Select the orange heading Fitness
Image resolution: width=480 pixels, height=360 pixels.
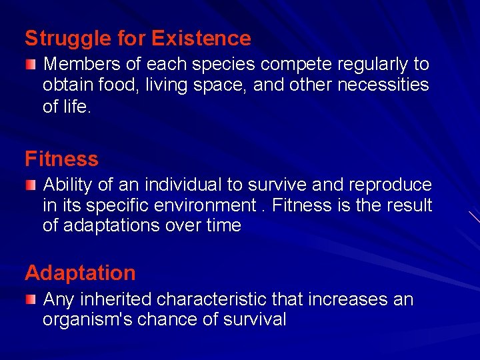61,159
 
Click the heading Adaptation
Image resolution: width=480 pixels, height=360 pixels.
80,273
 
